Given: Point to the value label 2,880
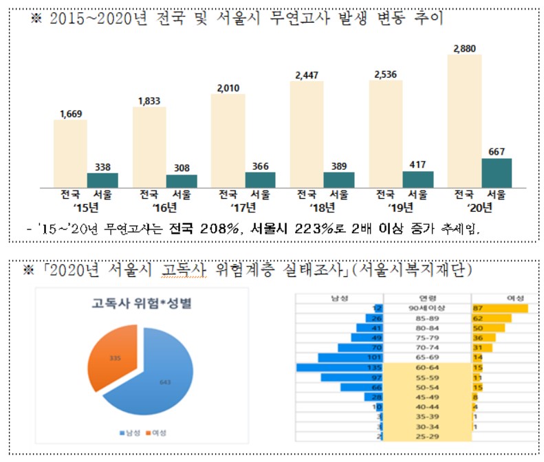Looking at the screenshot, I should [x=464, y=49].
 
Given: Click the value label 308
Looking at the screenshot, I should [x=182, y=167].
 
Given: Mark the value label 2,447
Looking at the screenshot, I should [x=307, y=74].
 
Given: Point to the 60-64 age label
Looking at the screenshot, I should [x=428, y=368].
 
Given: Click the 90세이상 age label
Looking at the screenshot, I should [x=428, y=309].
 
